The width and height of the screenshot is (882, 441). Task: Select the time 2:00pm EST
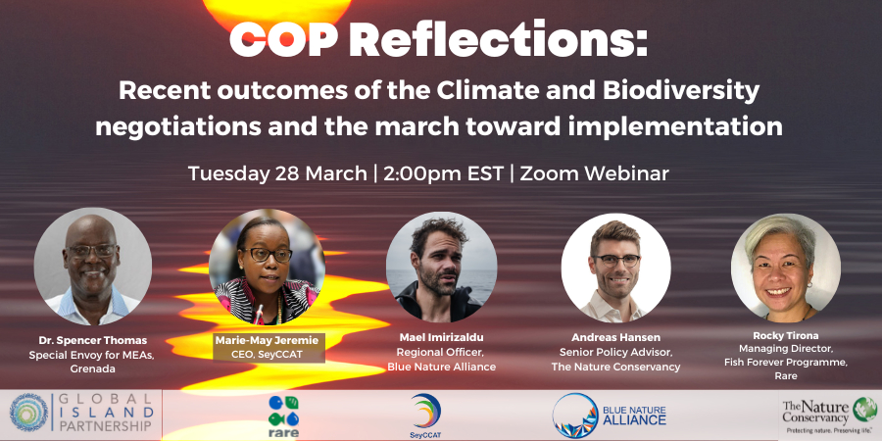443,173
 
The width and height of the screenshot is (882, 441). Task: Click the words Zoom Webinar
594,173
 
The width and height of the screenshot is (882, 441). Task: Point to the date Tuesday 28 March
277,173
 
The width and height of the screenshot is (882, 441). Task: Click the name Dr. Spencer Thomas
93,340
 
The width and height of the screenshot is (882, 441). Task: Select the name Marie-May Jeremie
267,340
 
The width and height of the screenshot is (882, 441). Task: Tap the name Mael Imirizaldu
442,337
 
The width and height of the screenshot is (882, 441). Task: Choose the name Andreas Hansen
616,337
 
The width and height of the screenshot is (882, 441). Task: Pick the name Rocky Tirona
786,336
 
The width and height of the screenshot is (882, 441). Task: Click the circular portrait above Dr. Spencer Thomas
93,266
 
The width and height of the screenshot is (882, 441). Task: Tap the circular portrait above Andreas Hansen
616,268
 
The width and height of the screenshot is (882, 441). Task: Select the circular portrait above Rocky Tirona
786,268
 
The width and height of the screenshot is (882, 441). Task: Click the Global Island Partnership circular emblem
29,413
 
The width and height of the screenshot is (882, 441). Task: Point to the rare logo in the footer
283,416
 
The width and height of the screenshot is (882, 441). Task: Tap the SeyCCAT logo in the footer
426,416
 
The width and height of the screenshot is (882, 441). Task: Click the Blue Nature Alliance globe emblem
575,416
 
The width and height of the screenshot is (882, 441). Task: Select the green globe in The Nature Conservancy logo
864,409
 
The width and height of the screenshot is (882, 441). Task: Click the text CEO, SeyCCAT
267,355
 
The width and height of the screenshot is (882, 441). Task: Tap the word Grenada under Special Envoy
93,369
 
